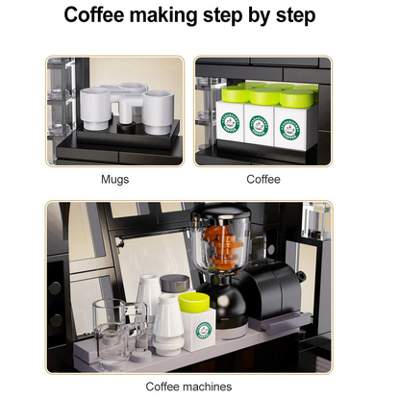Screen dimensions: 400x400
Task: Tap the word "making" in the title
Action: [x=187, y=16]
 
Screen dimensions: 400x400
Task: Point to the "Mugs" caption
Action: [x=114, y=179]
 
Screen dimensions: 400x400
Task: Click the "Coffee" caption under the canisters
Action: [x=263, y=179]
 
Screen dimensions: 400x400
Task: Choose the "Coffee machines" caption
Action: [x=188, y=387]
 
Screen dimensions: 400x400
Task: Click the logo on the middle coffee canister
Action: [x=259, y=124]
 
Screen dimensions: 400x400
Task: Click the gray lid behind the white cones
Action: [x=173, y=284]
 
